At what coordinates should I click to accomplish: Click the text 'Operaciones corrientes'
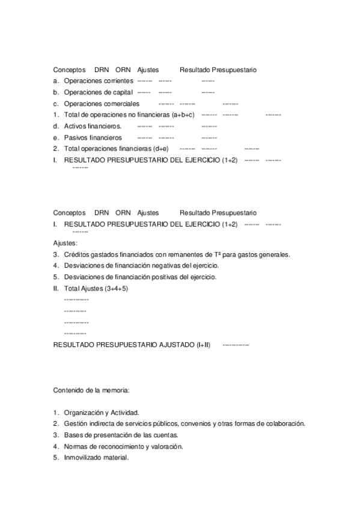pos(98,81)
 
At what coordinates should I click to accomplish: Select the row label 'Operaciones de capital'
pos(98,92)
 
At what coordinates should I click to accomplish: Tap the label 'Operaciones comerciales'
pos(101,103)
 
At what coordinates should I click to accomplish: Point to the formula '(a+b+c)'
pos(183,114)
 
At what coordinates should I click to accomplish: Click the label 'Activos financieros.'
pos(93,126)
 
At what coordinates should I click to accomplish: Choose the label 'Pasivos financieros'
pos(93,138)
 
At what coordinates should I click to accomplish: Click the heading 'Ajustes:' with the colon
pos(65,243)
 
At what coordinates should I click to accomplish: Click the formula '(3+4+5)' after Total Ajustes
pos(116,288)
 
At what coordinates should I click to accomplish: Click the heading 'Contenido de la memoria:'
pos(91,390)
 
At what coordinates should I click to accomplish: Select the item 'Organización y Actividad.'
pos(102,413)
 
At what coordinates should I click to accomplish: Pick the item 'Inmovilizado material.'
pos(96,458)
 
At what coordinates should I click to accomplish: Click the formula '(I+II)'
pos(203,345)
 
